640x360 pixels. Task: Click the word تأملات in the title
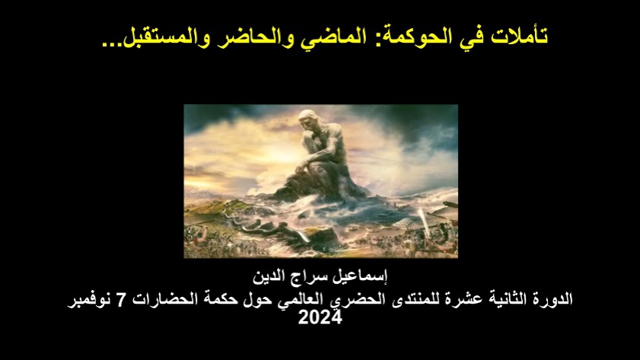[x=519, y=36]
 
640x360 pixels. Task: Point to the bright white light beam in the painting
[x=424, y=222]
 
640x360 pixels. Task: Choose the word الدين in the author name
[x=269, y=277]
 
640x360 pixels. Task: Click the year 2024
[x=320, y=317]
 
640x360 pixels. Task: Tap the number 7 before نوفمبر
[x=120, y=300]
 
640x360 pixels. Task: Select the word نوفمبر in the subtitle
[x=90, y=301]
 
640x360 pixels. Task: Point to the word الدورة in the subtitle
[x=554, y=299]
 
